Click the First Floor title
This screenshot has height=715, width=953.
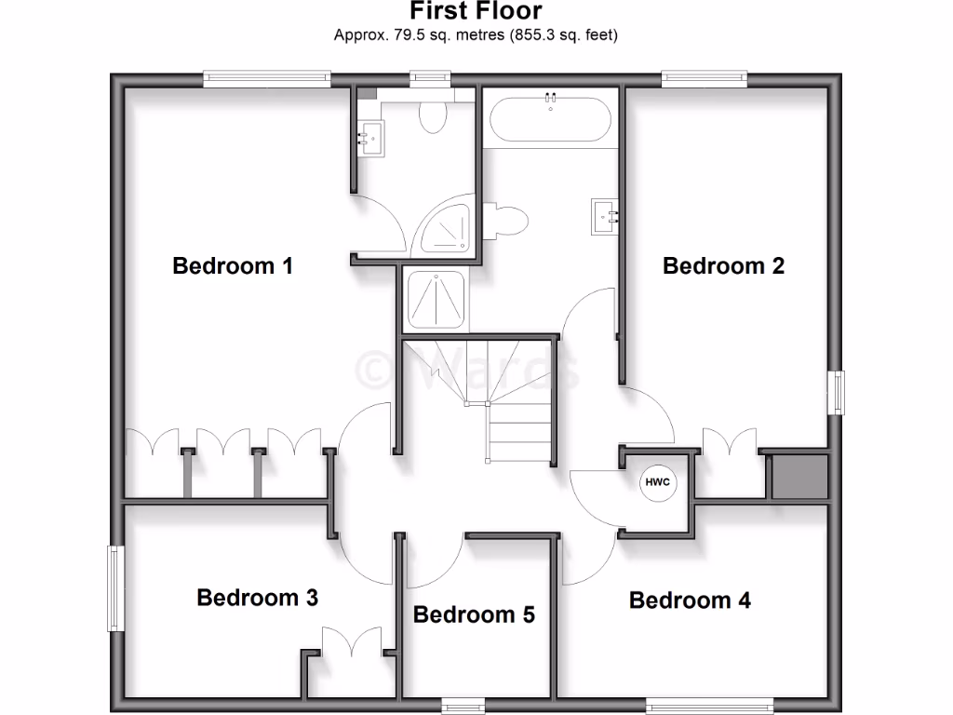point(476,11)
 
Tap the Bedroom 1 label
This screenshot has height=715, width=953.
point(233,265)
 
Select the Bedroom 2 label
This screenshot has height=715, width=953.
point(723,265)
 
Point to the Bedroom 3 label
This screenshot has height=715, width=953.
point(257,597)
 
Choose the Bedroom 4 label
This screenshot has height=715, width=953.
point(690,600)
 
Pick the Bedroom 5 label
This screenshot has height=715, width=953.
point(474,614)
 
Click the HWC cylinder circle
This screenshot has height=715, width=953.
point(658,482)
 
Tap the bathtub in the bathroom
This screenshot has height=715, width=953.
point(550,117)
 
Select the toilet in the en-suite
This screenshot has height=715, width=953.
point(433,115)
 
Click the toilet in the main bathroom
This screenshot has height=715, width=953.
point(508,220)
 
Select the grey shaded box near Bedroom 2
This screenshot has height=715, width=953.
point(798,477)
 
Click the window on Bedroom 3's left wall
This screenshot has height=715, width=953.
point(116,588)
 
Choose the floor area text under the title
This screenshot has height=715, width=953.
point(476,35)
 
